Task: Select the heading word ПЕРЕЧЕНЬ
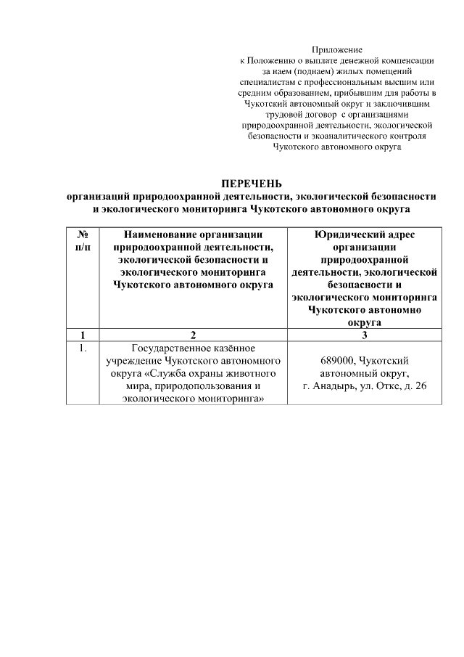(x=251, y=182)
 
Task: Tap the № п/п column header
(x=83, y=240)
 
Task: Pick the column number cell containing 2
(x=193, y=335)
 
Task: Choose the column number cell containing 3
(x=364, y=335)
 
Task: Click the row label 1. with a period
(x=83, y=348)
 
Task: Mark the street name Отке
(x=396, y=385)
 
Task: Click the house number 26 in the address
(x=420, y=385)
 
